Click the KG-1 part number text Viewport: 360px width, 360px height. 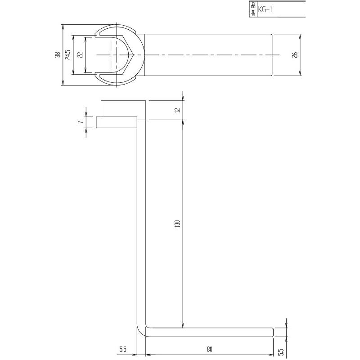[x=266, y=8]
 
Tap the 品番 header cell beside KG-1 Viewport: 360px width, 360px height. [x=252, y=8]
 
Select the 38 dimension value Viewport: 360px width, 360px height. [x=57, y=54]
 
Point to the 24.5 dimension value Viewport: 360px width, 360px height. [x=68, y=54]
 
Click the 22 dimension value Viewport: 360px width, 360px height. [x=80, y=54]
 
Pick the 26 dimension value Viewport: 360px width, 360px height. [x=295, y=54]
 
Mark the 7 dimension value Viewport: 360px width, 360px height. [x=80, y=122]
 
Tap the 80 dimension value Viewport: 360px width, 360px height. [x=209, y=348]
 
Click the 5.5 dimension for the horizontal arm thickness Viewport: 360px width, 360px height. [x=282, y=349]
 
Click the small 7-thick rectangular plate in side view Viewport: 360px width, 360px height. [x=116, y=122]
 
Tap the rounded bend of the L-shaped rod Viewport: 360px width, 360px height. [x=141, y=331]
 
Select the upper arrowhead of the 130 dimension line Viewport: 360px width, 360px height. [x=183, y=123]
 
